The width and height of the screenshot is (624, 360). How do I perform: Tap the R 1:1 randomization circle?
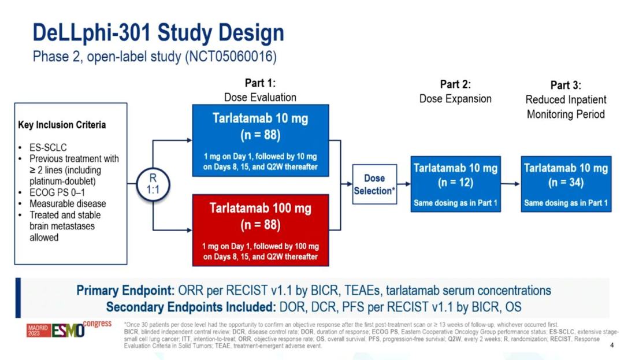tap(153, 184)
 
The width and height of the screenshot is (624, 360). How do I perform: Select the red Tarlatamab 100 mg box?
tap(260, 230)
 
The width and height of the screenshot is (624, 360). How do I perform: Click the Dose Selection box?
tap(374, 184)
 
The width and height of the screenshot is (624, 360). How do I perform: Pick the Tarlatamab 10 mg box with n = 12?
tap(455, 184)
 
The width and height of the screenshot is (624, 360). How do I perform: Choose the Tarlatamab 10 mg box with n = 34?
tap(566, 184)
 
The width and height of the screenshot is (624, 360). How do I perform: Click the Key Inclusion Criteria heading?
tap(62, 125)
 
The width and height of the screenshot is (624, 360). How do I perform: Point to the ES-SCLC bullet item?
tap(46, 148)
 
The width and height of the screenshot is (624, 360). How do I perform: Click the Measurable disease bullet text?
tap(68, 203)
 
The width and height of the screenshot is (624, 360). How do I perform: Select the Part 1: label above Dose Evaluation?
tap(260, 83)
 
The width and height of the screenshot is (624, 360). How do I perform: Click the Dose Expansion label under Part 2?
tap(455, 99)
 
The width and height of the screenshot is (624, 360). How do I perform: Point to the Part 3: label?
tap(566, 85)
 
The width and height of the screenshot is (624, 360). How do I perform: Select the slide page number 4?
tap(612, 345)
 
